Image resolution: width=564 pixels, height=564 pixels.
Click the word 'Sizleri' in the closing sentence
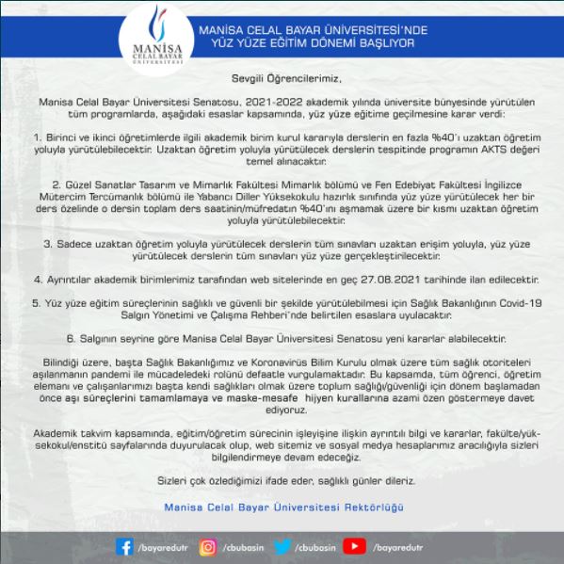[174, 480]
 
